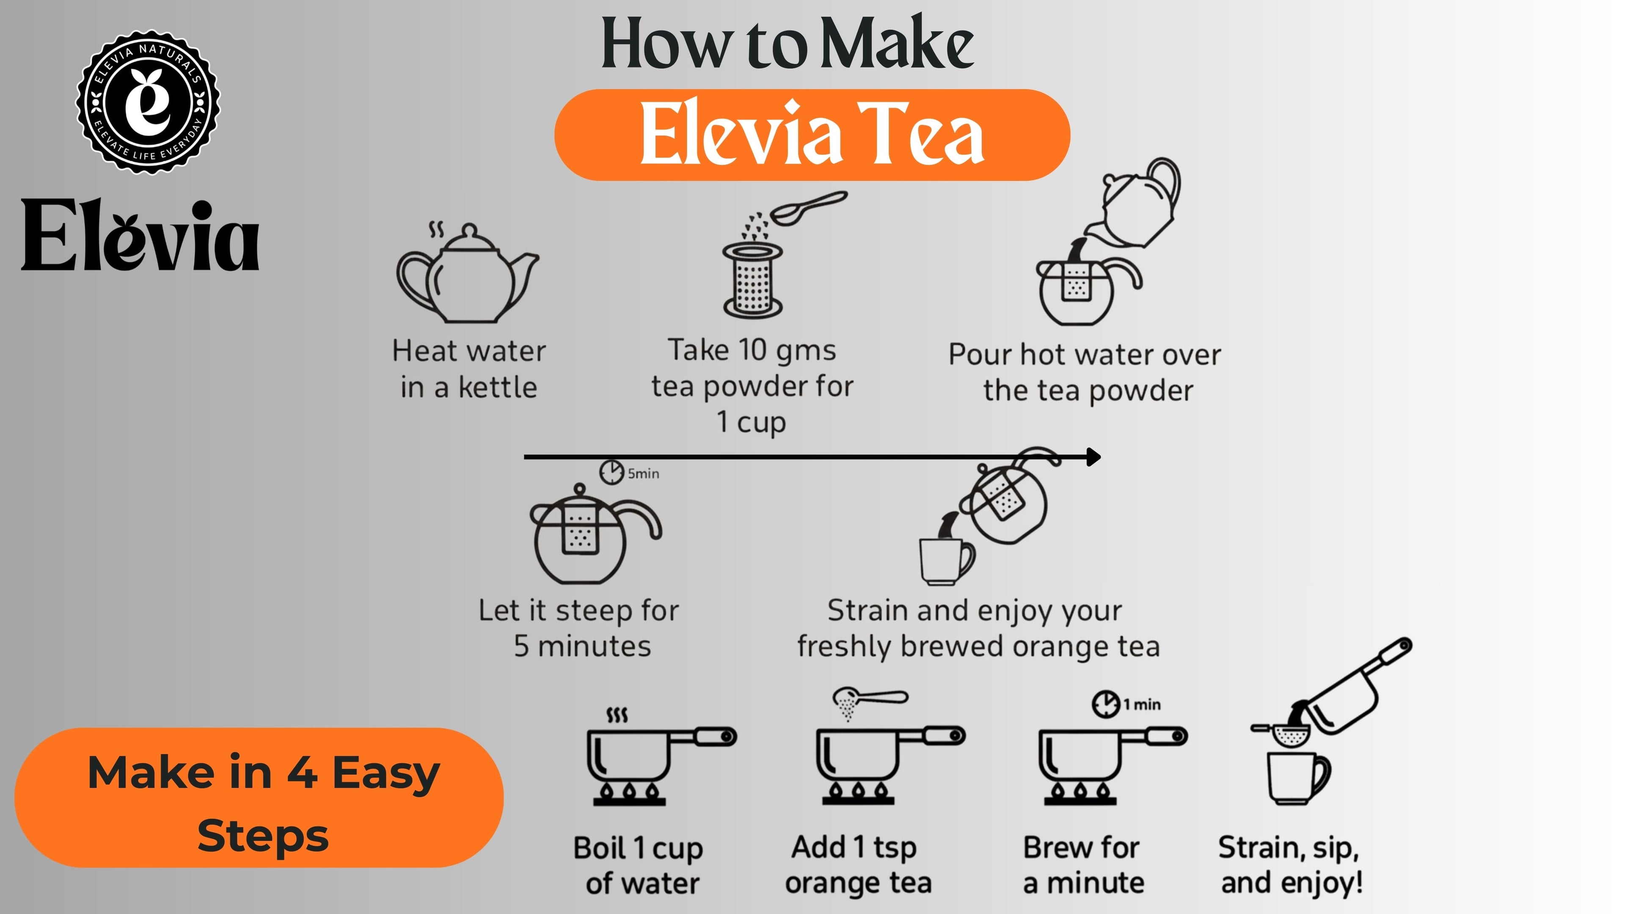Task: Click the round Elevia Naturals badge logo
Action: tap(148, 102)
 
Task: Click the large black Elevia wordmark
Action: tap(140, 235)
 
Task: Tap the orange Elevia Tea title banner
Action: tap(812, 135)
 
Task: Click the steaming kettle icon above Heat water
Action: tap(468, 273)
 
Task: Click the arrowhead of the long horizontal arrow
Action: tap(1094, 456)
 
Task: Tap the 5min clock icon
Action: tap(611, 472)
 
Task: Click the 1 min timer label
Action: tap(1141, 704)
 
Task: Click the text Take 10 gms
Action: tap(752, 351)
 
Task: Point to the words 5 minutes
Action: tap(582, 646)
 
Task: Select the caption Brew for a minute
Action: tap(1083, 865)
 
